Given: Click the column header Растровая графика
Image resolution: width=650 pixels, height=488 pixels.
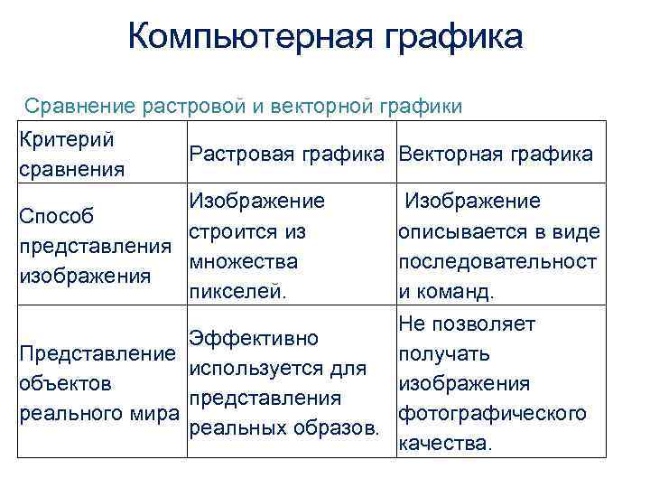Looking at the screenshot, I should pos(289,154).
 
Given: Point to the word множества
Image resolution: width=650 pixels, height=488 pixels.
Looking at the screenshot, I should pos(243,262).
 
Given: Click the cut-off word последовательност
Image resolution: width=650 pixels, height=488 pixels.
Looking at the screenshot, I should pos(497,262).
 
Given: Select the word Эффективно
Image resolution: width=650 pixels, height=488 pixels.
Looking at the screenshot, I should pos(254,339).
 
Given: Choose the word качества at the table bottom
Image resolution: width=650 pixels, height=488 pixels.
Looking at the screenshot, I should pos(446,444).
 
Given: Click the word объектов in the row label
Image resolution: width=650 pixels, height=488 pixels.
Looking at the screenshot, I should pos(66,383).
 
